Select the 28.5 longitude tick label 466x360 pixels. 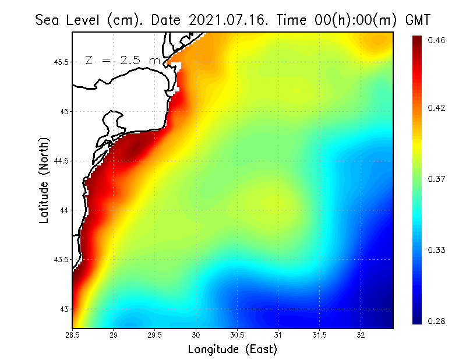73,335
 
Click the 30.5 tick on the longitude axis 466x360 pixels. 237,335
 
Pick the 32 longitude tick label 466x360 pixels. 361,335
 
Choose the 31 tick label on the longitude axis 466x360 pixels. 278,335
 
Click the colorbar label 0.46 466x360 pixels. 436,40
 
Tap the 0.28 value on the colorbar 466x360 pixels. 436,321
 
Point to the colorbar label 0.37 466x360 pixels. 436,179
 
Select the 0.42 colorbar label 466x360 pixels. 436,108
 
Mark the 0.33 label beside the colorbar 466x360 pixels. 436,250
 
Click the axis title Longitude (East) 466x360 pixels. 232,350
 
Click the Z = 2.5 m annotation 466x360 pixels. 122,60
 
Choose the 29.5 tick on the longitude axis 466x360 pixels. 155,335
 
